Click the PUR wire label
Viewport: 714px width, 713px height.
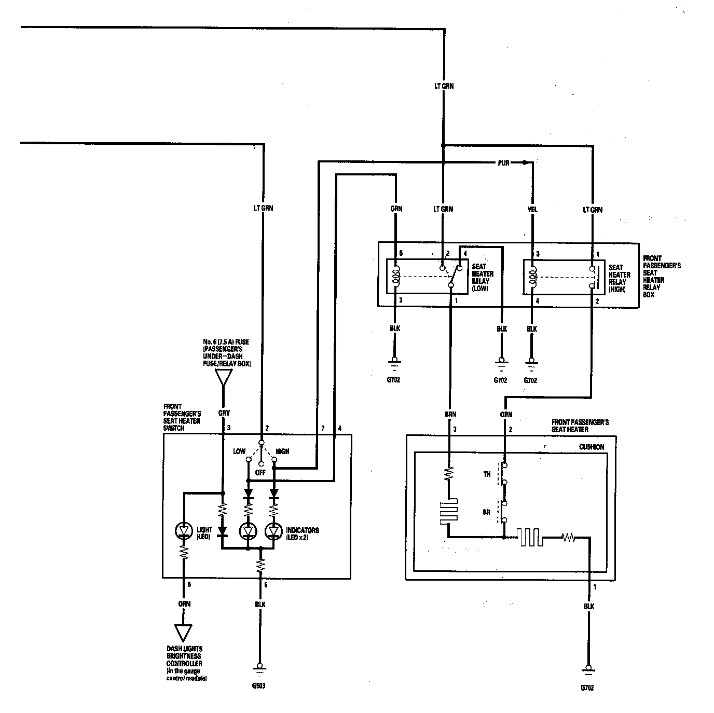pos(503,163)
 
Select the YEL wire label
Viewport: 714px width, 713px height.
pos(532,209)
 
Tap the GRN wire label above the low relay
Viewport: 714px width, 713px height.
pos(396,209)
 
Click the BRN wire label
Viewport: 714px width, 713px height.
pos(450,414)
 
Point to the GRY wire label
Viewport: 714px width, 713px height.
pos(224,413)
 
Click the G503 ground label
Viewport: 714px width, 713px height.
pos(258,685)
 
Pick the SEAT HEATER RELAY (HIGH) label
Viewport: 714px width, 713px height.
pos(619,279)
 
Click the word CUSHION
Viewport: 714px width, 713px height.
pos(591,447)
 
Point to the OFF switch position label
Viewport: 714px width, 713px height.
pos(260,473)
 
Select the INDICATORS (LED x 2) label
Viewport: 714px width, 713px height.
pos(302,533)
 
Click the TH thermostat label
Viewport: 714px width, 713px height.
pos(487,474)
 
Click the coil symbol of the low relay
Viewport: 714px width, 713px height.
pos(396,277)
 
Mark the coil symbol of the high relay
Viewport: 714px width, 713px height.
pos(533,277)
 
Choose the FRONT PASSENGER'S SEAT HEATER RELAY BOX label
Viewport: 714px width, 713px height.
pos(662,276)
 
